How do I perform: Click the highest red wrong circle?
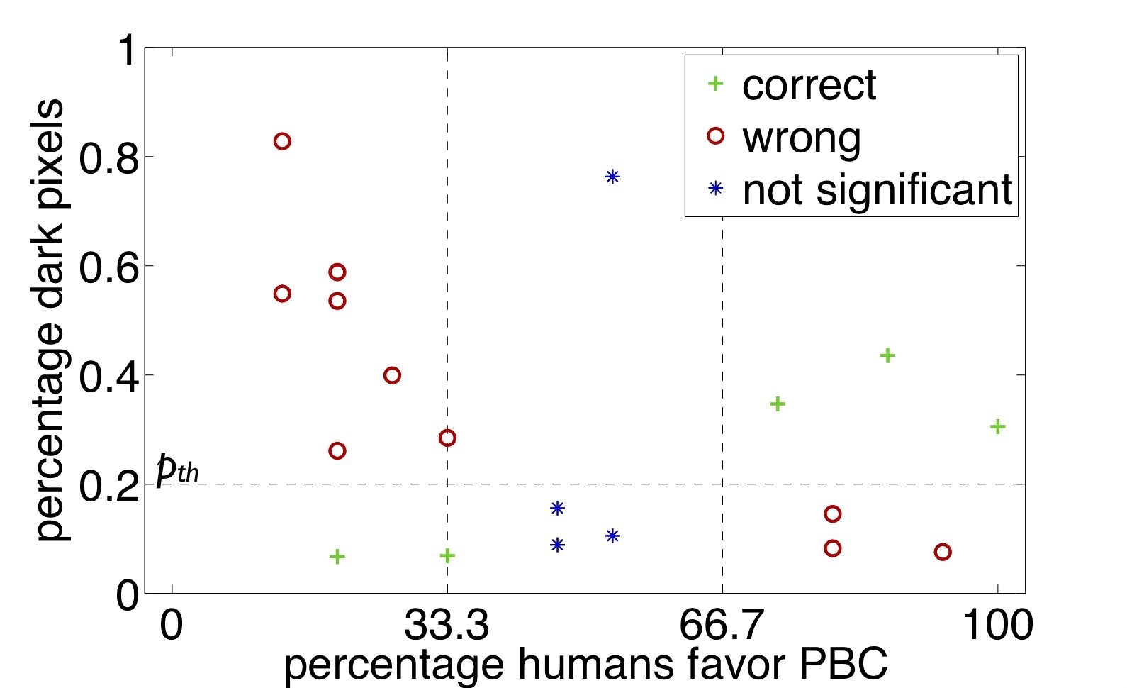click(x=282, y=141)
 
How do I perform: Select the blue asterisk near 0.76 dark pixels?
click(x=612, y=177)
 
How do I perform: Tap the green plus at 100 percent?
click(x=997, y=426)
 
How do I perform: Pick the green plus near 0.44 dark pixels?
click(x=887, y=355)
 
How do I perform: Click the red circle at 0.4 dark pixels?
click(x=392, y=375)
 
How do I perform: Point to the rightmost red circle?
click(x=942, y=552)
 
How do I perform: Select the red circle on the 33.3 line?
click(x=447, y=438)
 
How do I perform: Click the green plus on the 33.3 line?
click(x=447, y=555)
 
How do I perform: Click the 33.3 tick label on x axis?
click(x=447, y=626)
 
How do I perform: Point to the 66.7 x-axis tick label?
click(x=722, y=626)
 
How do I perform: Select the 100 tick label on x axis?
click(x=997, y=626)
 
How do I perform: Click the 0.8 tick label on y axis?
click(x=107, y=157)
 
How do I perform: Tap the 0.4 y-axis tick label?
click(x=107, y=376)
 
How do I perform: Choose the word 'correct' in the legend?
click(x=809, y=86)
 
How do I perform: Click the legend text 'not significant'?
click(x=878, y=190)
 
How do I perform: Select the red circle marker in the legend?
click(x=716, y=136)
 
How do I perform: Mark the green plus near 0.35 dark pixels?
click(x=778, y=404)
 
